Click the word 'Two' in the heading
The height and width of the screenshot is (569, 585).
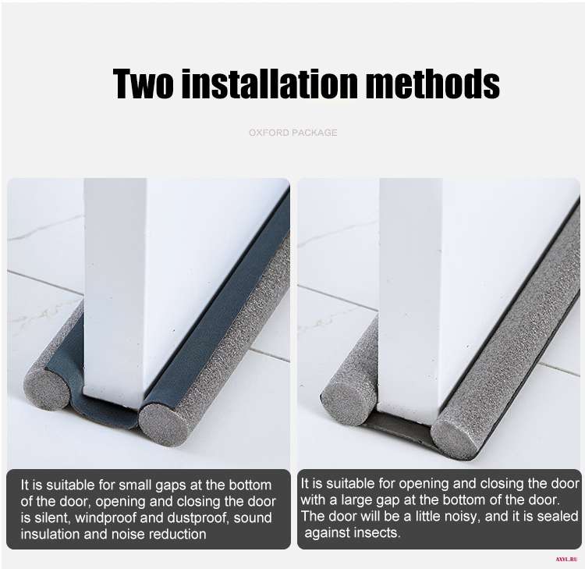click(x=143, y=84)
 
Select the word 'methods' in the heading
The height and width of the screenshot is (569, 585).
click(x=433, y=84)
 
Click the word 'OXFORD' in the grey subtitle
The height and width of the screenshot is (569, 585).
click(x=268, y=133)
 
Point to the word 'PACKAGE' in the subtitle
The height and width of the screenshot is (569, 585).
click(x=315, y=133)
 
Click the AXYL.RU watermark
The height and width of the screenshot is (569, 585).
click(x=566, y=560)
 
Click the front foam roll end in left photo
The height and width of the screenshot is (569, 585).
click(x=163, y=424)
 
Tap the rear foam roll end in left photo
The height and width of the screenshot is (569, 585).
click(x=47, y=388)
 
